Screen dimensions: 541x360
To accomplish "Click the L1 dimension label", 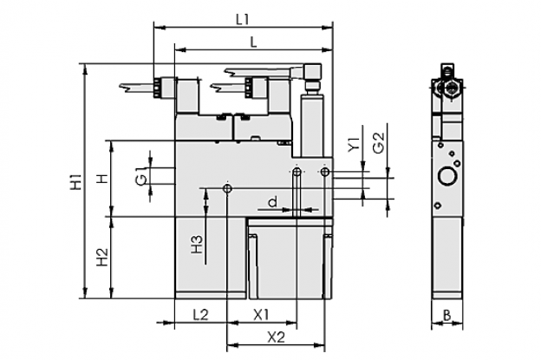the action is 242,20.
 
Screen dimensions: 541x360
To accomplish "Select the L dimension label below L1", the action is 253,43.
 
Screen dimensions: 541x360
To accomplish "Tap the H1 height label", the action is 76,182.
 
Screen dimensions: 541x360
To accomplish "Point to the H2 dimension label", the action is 102,257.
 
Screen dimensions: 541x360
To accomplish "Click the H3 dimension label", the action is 197,245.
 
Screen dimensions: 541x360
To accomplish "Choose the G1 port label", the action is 141,176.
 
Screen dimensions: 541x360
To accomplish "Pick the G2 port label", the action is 379,142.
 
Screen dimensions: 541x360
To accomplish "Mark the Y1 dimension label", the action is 354,144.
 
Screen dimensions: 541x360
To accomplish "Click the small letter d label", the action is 273,202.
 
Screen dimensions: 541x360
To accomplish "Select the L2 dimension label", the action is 201,314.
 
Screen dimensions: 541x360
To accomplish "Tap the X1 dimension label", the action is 261,314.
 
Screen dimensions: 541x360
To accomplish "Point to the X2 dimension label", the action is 277,337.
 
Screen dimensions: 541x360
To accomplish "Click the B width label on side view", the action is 446,315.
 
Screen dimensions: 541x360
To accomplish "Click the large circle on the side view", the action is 447,178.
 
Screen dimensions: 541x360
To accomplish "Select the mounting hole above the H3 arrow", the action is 227,189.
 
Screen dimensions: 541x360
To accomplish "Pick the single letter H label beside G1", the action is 102,179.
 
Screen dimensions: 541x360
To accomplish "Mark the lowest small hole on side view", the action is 438,206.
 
